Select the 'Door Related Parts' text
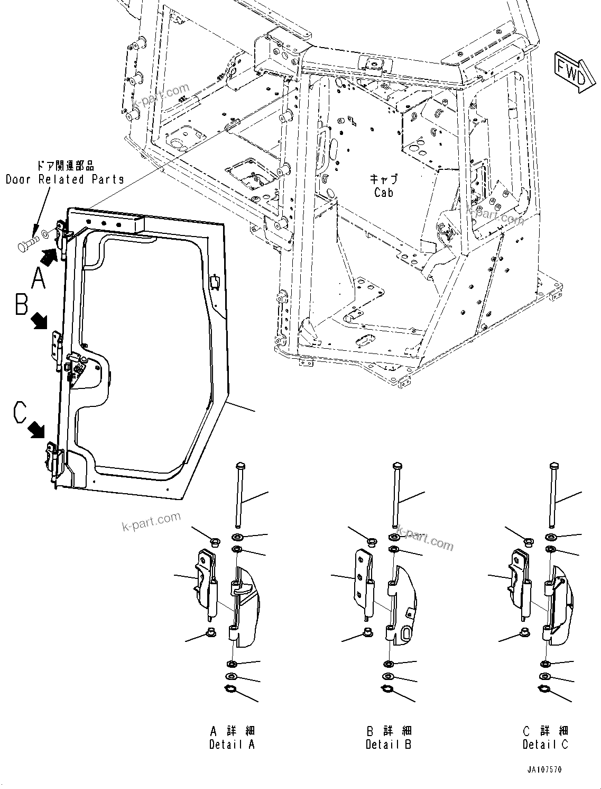point(64,179)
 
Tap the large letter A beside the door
point(39,278)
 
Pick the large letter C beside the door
point(20,412)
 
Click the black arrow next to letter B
point(39,321)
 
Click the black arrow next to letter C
point(36,429)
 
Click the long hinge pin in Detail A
point(239,497)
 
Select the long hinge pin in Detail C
point(553,497)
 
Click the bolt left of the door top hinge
point(27,246)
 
